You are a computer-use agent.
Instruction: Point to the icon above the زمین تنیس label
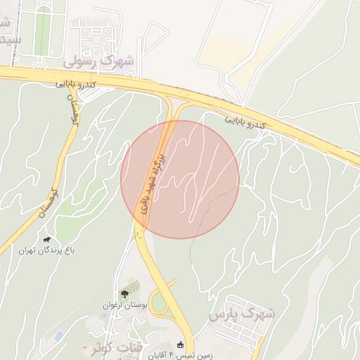[x=180, y=345]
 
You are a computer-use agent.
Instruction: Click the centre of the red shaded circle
[x=180, y=179]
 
